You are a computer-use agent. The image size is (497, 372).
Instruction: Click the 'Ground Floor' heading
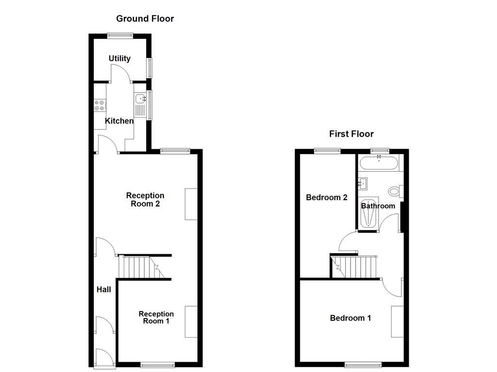click(x=145, y=19)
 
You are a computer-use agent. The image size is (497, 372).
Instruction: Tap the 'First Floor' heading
click(x=351, y=134)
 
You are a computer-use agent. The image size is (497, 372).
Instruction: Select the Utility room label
click(x=119, y=59)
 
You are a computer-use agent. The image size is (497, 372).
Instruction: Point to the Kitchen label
click(x=119, y=121)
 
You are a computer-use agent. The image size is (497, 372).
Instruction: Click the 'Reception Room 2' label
click(x=145, y=200)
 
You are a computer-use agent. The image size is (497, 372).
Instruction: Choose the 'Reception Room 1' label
click(x=156, y=317)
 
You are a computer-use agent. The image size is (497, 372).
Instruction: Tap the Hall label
click(x=104, y=290)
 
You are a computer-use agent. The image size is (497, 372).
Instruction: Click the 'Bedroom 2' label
click(x=327, y=198)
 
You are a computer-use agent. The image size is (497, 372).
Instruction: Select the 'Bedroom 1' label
click(x=350, y=318)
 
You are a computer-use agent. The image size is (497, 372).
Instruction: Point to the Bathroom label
click(x=378, y=206)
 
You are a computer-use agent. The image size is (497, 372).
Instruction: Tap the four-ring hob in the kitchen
click(x=99, y=106)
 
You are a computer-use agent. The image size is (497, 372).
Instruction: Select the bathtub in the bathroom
click(x=379, y=163)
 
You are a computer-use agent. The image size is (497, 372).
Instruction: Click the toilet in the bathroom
click(x=395, y=191)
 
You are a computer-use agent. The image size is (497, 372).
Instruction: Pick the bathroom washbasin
click(x=363, y=184)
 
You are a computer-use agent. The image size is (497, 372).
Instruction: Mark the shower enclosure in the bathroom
click(x=368, y=213)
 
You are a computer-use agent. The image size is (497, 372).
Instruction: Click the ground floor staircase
click(x=141, y=267)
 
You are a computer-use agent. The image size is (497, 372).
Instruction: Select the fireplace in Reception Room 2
click(x=191, y=204)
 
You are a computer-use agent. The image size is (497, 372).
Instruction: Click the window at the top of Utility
click(x=120, y=35)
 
